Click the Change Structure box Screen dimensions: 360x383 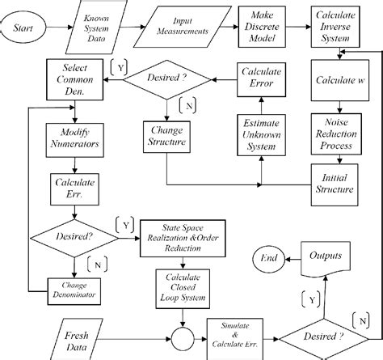pyautogui.click(x=170, y=135)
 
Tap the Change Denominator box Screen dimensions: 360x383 pyautogui.click(x=74, y=290)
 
